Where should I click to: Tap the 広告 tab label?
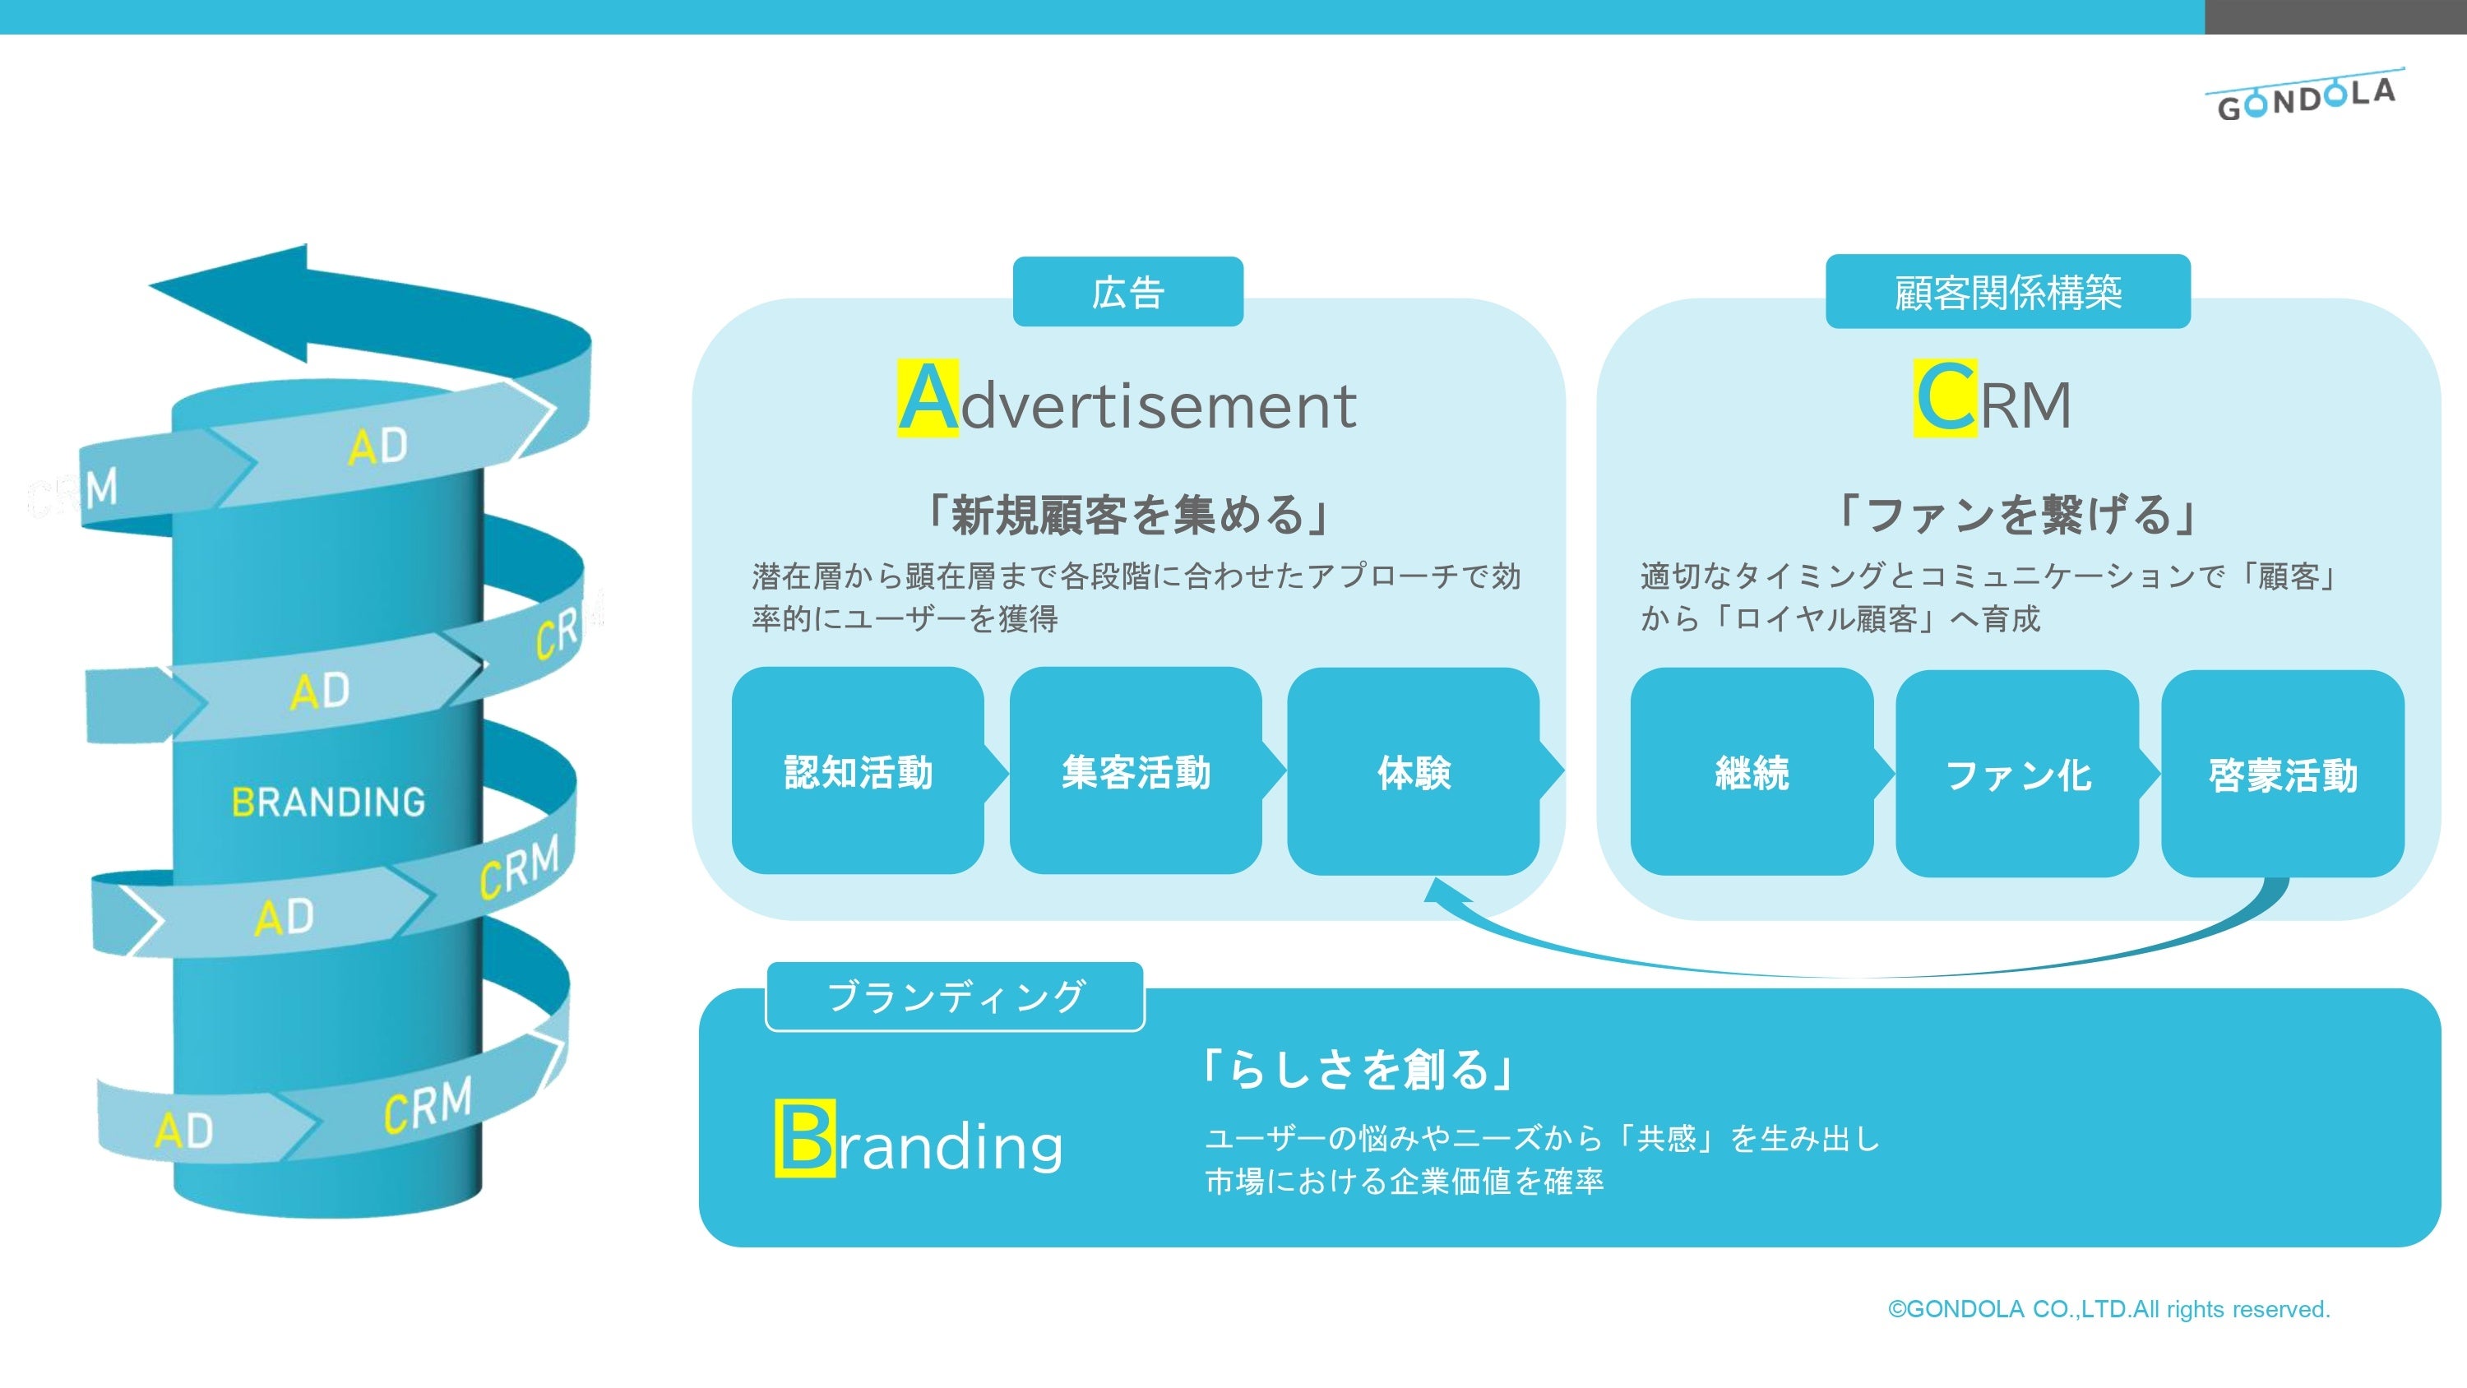click(1127, 292)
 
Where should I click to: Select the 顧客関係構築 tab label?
click(2007, 292)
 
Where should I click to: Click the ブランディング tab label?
click(955, 997)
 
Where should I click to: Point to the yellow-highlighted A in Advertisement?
click(927, 399)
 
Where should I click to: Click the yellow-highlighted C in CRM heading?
click(1944, 399)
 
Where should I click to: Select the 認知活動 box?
click(857, 772)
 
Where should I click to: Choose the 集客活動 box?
click(1135, 772)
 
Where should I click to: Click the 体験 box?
click(1414, 772)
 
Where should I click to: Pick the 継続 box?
click(1752, 772)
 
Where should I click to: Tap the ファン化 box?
click(2017, 774)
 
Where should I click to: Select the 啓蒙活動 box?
click(2282, 774)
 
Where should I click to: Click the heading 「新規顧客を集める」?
click(1127, 515)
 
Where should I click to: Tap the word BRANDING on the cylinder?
click(328, 802)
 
